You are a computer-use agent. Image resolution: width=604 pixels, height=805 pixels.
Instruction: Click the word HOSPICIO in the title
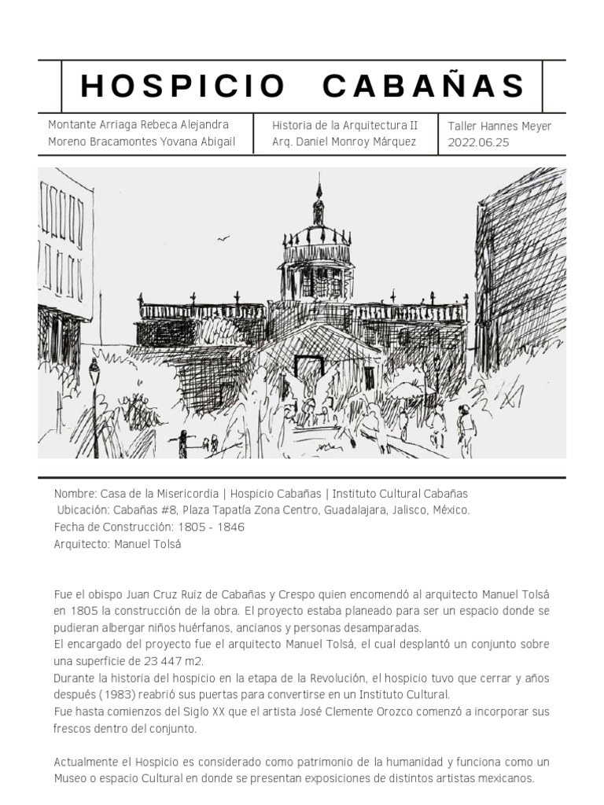[x=182, y=86]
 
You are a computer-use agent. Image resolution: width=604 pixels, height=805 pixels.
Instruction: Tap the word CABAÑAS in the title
[x=424, y=86]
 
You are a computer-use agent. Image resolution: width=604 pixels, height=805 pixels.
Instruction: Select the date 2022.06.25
[x=478, y=142]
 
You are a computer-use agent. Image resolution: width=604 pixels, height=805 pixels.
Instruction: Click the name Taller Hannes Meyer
[x=499, y=126]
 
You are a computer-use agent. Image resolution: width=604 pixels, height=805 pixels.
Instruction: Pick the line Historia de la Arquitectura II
[x=344, y=125]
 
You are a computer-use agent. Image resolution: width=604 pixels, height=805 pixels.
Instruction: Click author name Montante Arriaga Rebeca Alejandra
[x=138, y=125]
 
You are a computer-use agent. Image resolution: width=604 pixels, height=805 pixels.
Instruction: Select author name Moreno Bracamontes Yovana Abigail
[x=142, y=142]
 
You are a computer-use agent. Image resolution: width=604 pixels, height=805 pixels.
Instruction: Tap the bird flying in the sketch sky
[x=223, y=238]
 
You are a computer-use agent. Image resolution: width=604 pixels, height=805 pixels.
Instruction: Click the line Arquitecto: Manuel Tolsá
[x=117, y=543]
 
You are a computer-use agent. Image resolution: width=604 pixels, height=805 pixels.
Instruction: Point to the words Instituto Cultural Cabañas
[x=400, y=494]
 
